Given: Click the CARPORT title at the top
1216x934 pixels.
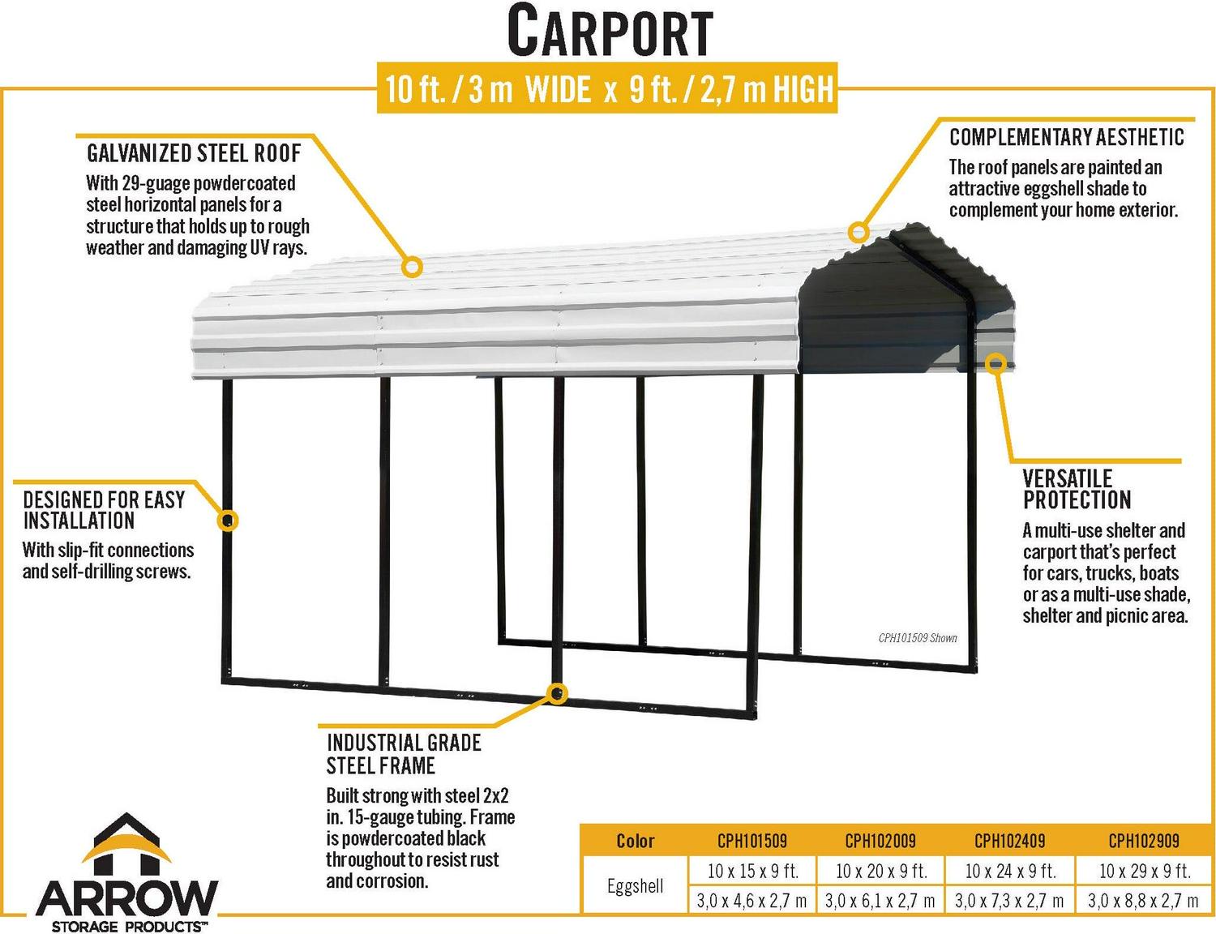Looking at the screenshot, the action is tap(610, 31).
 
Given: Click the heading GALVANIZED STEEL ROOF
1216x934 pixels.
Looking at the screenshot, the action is tap(194, 153).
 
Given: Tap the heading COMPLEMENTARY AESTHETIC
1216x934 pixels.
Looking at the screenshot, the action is tap(1067, 137).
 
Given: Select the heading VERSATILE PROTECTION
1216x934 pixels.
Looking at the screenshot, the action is tap(1077, 489).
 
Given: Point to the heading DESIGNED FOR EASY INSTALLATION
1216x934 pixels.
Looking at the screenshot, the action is tap(104, 510).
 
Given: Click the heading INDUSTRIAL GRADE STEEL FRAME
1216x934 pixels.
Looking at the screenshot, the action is tap(404, 754).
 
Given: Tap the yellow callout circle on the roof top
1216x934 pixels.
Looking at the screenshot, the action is tap(412, 267).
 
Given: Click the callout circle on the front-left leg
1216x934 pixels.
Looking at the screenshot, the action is tap(227, 521).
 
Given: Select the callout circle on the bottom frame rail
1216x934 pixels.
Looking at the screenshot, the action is tap(556, 694).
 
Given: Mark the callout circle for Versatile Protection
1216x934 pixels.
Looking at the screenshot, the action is tap(995, 364).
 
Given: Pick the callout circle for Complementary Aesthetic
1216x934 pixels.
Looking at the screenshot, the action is tap(858, 232).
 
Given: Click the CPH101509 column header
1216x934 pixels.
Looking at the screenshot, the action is tap(751, 841).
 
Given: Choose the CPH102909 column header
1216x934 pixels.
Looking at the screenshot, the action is tap(1144, 841).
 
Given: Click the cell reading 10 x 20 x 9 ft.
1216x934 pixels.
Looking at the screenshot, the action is tap(881, 872).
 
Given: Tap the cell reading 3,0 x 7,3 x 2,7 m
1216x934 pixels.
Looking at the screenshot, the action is tap(1009, 901).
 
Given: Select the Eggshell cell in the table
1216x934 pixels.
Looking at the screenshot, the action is tap(635, 886).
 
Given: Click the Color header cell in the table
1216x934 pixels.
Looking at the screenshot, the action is tap(635, 841).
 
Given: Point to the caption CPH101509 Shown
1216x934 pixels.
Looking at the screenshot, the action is tap(918, 638).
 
